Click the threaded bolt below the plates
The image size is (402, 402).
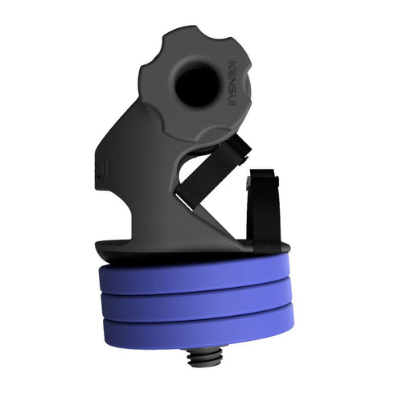(200, 357)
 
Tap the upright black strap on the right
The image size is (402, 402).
(264, 211)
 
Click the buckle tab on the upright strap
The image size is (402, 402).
(261, 180)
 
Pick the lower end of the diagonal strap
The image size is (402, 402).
(187, 201)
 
